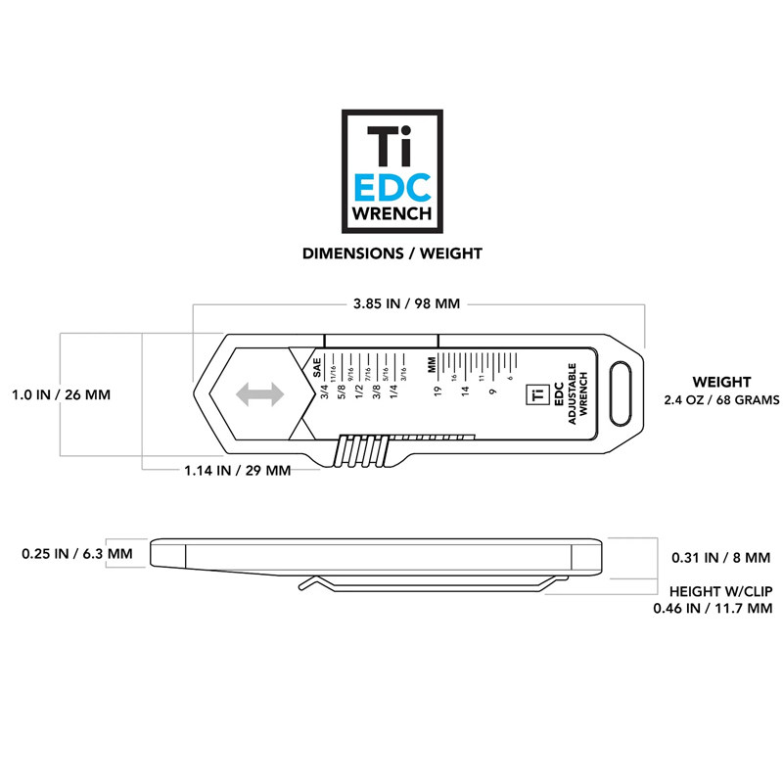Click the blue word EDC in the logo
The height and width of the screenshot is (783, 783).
click(x=391, y=186)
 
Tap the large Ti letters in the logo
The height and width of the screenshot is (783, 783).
click(x=391, y=146)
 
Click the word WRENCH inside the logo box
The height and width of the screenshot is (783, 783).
click(x=391, y=212)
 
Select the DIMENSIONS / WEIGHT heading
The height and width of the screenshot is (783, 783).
click(x=391, y=253)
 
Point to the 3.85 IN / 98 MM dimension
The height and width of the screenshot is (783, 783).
click(x=404, y=303)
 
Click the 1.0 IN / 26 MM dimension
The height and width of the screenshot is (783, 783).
click(x=61, y=395)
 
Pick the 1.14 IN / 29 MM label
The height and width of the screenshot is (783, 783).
click(x=238, y=470)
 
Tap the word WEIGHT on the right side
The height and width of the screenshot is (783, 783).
click(x=721, y=382)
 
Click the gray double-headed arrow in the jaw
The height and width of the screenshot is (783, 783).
click(x=258, y=393)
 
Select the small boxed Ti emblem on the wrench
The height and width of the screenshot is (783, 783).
click(x=535, y=393)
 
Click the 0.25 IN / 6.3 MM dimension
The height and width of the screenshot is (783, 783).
click(x=76, y=554)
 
